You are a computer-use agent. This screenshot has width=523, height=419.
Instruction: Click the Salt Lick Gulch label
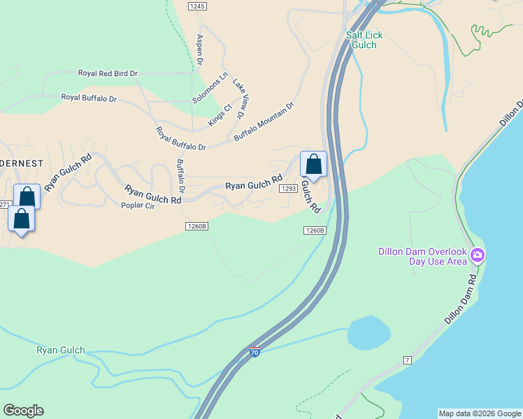(x=364, y=40)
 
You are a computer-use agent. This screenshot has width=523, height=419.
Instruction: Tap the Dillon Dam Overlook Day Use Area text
(x=422, y=256)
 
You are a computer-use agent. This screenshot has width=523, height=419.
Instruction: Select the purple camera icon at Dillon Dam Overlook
(x=478, y=255)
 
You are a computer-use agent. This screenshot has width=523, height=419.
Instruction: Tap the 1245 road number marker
(x=198, y=6)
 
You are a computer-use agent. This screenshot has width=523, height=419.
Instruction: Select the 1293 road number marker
(x=288, y=189)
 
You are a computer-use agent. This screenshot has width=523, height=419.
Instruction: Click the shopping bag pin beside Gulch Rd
(x=314, y=165)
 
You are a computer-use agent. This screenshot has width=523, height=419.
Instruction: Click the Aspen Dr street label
(x=199, y=50)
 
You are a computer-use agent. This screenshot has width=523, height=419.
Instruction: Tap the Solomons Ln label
(x=210, y=88)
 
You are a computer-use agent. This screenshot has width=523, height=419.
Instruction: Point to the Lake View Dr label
(x=241, y=97)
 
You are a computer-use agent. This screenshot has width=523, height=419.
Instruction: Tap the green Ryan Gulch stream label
(x=61, y=351)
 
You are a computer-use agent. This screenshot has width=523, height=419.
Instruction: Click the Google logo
(x=23, y=411)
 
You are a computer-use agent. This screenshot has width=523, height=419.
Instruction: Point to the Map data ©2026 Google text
(x=480, y=413)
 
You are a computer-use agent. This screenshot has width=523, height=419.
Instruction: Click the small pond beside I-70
(x=368, y=333)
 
